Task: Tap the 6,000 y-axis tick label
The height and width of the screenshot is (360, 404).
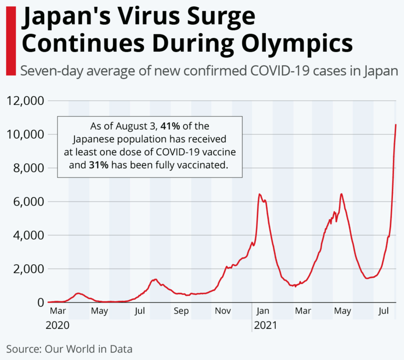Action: point(27,201)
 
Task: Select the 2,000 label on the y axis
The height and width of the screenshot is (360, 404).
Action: point(27,269)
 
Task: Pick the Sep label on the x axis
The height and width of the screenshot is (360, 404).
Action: point(181,311)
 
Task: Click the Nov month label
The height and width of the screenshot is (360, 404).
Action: point(223,311)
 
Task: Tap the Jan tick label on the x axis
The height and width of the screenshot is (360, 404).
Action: point(263,311)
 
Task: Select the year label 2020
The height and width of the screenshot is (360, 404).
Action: point(58,325)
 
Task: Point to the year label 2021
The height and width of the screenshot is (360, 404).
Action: point(265,325)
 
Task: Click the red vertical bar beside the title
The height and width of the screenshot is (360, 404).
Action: point(11,40)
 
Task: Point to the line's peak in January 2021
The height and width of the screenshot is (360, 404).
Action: point(260,195)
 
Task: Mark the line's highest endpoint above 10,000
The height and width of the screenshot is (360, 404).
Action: point(396,125)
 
